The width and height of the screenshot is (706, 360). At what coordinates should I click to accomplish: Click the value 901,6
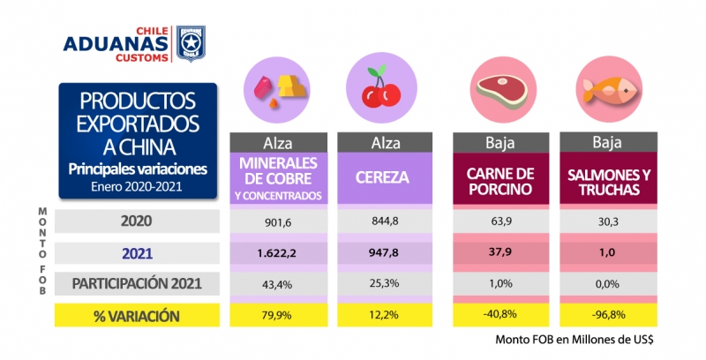coord(277,221)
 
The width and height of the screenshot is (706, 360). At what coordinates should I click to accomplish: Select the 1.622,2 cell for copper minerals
coord(277,253)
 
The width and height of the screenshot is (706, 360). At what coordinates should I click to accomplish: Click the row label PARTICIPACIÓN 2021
coord(137,284)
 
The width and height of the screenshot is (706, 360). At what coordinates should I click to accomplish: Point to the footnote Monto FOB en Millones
coord(577,340)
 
